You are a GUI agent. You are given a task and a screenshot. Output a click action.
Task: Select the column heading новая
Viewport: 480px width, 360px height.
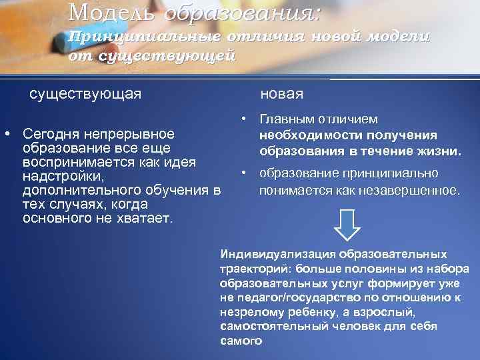click(x=281, y=93)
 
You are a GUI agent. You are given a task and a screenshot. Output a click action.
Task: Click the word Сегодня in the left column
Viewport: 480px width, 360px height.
click(x=51, y=134)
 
